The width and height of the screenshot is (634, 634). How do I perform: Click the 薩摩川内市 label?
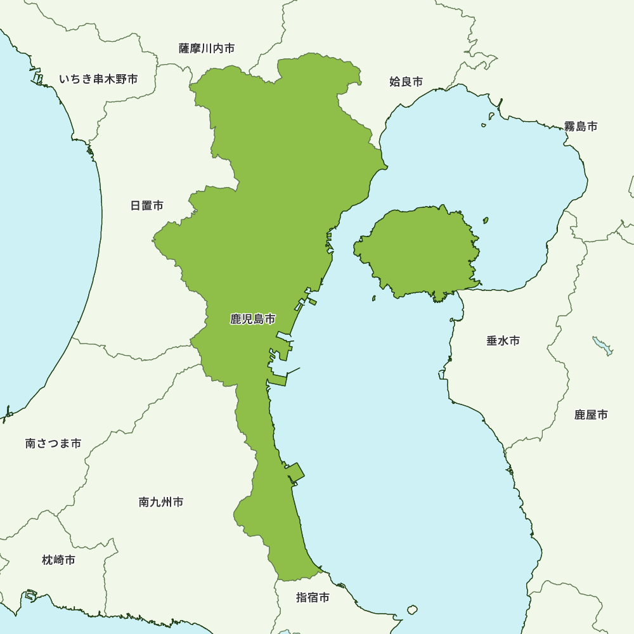[x=207, y=48]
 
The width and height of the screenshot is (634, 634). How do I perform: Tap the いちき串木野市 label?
[x=98, y=79]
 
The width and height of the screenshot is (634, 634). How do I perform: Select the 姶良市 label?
[x=406, y=81]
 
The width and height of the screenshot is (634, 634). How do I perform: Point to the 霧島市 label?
[x=581, y=126]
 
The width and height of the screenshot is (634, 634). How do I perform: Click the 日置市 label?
[x=146, y=205]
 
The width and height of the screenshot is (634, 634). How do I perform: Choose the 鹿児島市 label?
[x=253, y=320]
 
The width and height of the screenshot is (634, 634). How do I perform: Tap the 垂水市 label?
[x=503, y=340]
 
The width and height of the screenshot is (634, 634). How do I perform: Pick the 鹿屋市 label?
[x=591, y=415]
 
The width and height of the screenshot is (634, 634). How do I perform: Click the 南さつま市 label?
[x=53, y=443]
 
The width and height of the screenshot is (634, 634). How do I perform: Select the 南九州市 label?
[x=161, y=502]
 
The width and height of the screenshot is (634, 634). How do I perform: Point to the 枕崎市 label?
[x=58, y=560]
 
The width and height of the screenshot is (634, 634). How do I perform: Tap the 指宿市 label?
[x=313, y=597]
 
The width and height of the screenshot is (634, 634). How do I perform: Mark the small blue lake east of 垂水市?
[x=603, y=346]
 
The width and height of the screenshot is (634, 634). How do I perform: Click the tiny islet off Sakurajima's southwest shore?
[x=374, y=298]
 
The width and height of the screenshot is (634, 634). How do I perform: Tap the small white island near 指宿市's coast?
[x=412, y=610]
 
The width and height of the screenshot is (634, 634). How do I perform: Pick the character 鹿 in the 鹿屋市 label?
[x=579, y=415]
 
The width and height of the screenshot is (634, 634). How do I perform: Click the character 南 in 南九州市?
[x=144, y=502]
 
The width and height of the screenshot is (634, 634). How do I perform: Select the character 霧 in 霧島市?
[x=570, y=126]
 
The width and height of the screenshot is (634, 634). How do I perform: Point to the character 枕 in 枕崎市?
[x=48, y=560]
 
